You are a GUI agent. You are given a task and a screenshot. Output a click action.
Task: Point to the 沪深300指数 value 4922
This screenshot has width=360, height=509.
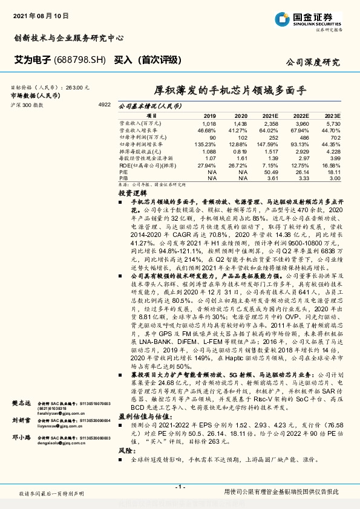tap(104, 105)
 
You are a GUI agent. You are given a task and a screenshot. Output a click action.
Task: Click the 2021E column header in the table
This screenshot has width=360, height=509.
tap(270, 115)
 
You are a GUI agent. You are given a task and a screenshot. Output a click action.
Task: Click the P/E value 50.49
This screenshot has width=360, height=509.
tap(271, 172)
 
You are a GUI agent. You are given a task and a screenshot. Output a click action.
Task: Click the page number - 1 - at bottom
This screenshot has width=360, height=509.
tap(180, 486)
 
